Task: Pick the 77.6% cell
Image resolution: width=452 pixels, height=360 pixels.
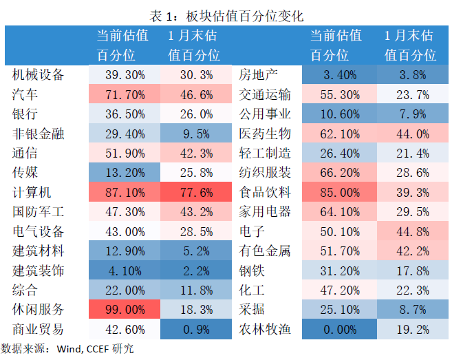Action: tap(195, 193)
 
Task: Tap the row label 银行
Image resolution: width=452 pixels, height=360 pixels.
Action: tap(25, 114)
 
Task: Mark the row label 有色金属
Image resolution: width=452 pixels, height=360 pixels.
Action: tap(264, 251)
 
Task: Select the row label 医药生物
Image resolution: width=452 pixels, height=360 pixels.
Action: tap(264, 133)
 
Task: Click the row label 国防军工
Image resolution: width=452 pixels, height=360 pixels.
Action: tap(39, 212)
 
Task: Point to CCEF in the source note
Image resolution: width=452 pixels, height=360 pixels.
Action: tap(100, 349)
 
